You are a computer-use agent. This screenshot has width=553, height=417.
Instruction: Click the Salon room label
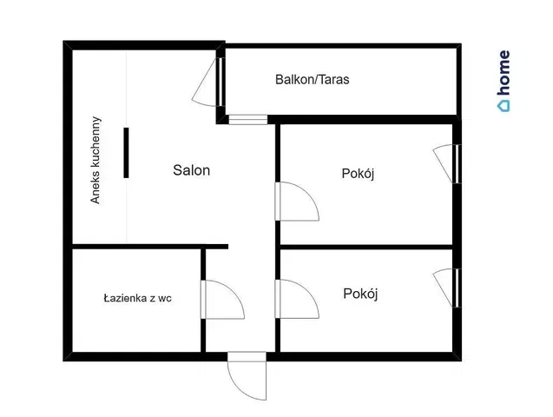click(x=192, y=170)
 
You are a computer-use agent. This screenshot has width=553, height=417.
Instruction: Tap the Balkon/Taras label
click(x=313, y=79)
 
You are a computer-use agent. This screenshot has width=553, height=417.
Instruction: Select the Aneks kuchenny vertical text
click(x=95, y=160)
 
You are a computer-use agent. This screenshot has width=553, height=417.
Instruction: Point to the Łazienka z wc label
click(x=137, y=299)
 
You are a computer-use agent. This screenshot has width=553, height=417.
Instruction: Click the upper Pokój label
click(x=358, y=174)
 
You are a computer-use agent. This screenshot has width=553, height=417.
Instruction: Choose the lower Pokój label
click(x=360, y=294)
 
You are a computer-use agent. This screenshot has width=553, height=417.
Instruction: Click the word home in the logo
click(x=504, y=73)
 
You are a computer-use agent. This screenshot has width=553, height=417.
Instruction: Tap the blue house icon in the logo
click(x=504, y=106)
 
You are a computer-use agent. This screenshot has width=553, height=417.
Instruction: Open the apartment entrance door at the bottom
click(x=247, y=375)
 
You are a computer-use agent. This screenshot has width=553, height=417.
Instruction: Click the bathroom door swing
click(x=222, y=300)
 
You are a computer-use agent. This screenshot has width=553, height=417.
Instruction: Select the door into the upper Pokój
click(x=297, y=202)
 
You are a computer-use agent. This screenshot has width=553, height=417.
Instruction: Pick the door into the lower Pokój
click(x=297, y=299)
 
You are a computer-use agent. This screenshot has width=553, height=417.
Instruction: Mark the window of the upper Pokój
click(x=457, y=163)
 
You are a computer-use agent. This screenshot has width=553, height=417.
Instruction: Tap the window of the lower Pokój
click(x=457, y=288)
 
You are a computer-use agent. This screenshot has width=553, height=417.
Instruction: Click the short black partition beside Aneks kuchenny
click(x=126, y=153)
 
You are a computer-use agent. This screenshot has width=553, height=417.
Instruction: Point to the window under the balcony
click(x=248, y=120)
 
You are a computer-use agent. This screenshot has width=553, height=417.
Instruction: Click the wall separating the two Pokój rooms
click(x=366, y=247)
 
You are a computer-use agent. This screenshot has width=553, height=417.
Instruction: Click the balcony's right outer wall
click(x=459, y=81)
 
